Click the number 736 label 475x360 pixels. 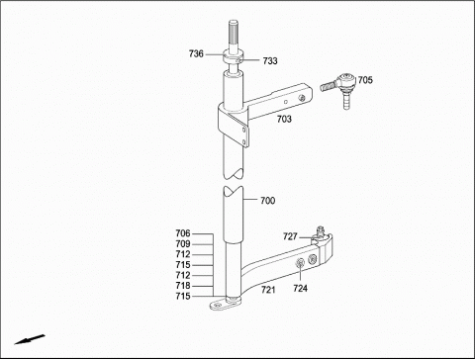tap(196, 53)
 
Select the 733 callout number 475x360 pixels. tap(270, 61)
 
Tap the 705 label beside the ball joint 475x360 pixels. tap(365, 80)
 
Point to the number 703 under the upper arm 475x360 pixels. tap(284, 119)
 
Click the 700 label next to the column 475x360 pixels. tap(267, 201)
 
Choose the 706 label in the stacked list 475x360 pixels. tap(183, 233)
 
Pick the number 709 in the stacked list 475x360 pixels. tap(183, 244)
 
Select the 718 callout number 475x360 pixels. tap(183, 286)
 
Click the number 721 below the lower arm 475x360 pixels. tap(268, 290)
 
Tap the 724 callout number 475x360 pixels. tap(300, 289)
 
